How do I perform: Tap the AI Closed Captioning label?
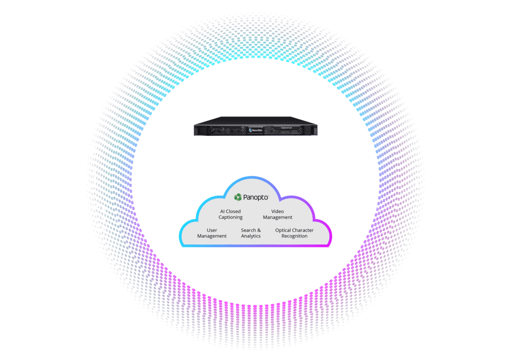click(230, 214)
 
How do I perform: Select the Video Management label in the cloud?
click(277, 214)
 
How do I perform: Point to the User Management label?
click(212, 233)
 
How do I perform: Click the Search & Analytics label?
click(251, 233)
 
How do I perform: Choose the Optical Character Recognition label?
click(294, 233)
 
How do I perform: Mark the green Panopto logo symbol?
click(239, 197)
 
